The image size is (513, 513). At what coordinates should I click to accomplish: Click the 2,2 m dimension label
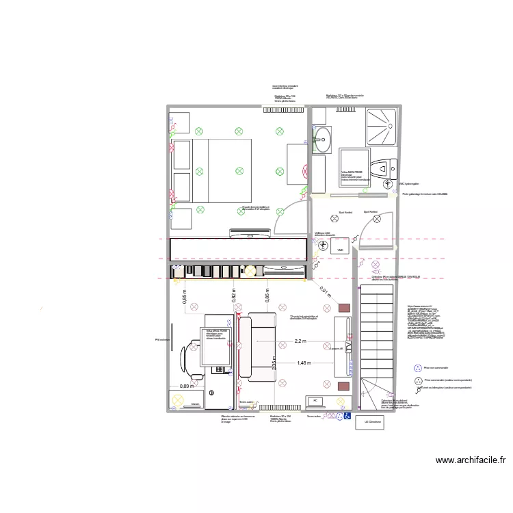coord(300,340)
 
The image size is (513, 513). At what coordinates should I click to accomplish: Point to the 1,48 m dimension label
coord(303,363)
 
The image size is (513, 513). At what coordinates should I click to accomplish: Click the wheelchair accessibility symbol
coord(347,415)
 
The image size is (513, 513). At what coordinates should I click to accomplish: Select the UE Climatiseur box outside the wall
coord(373,422)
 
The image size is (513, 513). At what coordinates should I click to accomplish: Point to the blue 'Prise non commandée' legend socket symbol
coord(417,367)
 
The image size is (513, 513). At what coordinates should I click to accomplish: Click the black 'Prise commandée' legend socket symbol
coord(417,379)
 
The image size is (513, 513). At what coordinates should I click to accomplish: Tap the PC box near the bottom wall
coord(316,401)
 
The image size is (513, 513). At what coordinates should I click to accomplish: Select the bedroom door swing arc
coord(287,218)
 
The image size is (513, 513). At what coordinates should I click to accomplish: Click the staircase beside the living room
coord(376,342)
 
